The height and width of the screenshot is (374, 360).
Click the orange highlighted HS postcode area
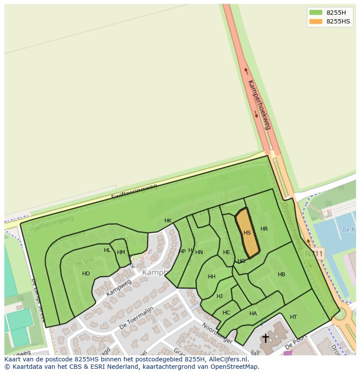[247, 233]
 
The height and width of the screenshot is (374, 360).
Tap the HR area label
[264, 229]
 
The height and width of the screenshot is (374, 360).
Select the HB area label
[281, 275]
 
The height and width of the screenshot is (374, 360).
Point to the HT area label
[293, 317]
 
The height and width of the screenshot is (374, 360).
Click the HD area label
[86, 274]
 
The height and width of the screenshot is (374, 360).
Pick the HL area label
[107, 250]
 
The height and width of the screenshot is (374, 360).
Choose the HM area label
[121, 252]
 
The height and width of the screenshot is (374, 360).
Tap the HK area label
[168, 221]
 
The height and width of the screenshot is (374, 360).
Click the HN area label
[199, 252]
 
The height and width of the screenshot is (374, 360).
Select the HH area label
[212, 277]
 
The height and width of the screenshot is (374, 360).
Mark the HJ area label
[220, 296]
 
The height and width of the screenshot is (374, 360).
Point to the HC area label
[226, 313]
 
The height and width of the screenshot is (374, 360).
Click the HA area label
[253, 314]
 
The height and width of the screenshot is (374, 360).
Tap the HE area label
[227, 252]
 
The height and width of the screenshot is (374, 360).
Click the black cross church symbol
[265, 338]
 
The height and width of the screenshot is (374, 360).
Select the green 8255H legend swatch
[316, 13]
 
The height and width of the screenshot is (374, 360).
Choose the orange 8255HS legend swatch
[316, 21]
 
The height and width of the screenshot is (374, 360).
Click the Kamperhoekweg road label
[259, 105]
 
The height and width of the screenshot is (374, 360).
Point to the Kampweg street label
[118, 288]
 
